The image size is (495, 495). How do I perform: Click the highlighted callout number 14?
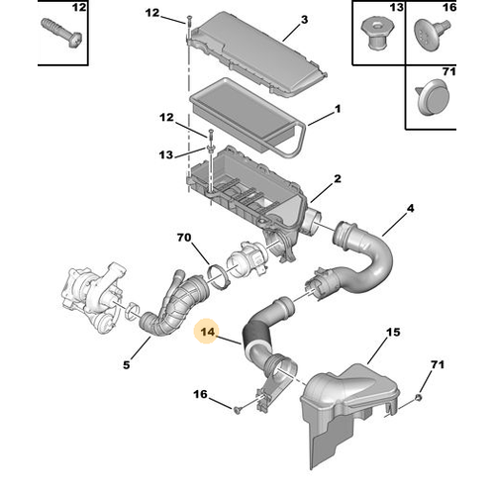[208, 332]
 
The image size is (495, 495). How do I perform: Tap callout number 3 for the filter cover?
[304, 20]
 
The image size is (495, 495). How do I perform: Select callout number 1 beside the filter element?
[338, 109]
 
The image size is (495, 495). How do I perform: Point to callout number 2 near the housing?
[338, 179]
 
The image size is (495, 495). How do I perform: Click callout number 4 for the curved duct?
[410, 209]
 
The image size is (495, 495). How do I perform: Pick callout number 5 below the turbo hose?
[127, 364]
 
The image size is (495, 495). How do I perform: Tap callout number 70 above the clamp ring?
[184, 238]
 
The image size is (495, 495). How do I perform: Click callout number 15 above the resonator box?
[393, 333]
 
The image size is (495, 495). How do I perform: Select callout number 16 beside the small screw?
[200, 394]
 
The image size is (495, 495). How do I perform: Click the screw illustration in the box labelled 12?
[61, 34]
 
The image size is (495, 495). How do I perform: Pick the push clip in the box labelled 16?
[432, 34]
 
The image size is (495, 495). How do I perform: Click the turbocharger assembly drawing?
[94, 294]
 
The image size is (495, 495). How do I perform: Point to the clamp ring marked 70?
[218, 277]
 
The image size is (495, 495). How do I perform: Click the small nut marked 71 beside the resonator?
[419, 398]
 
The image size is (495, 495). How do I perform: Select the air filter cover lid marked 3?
[257, 54]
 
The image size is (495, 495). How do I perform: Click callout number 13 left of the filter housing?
[165, 154]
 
